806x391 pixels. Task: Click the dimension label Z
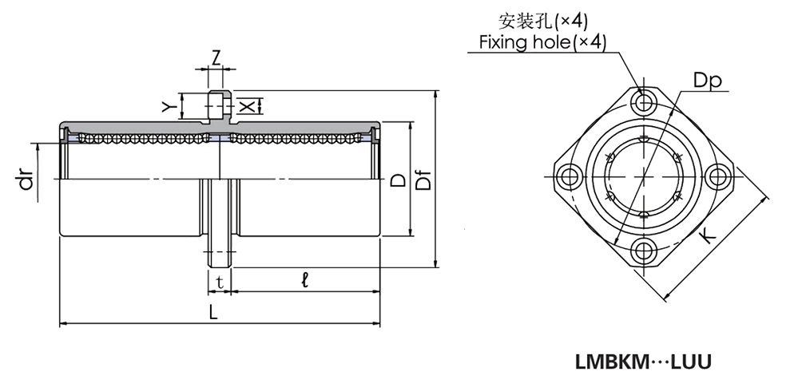point(216,57)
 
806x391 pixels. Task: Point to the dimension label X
point(248,105)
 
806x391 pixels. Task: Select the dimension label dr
point(26,183)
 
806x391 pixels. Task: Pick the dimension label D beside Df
point(397,183)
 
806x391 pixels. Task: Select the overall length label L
point(213,314)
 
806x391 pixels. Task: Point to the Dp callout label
point(707,81)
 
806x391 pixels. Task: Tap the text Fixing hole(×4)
point(542,41)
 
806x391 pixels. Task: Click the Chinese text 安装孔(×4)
point(542,20)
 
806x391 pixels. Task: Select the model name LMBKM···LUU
point(643,361)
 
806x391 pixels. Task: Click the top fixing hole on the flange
point(643,101)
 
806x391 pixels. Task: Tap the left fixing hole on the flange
point(569,176)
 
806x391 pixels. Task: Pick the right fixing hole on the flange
point(717,176)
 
